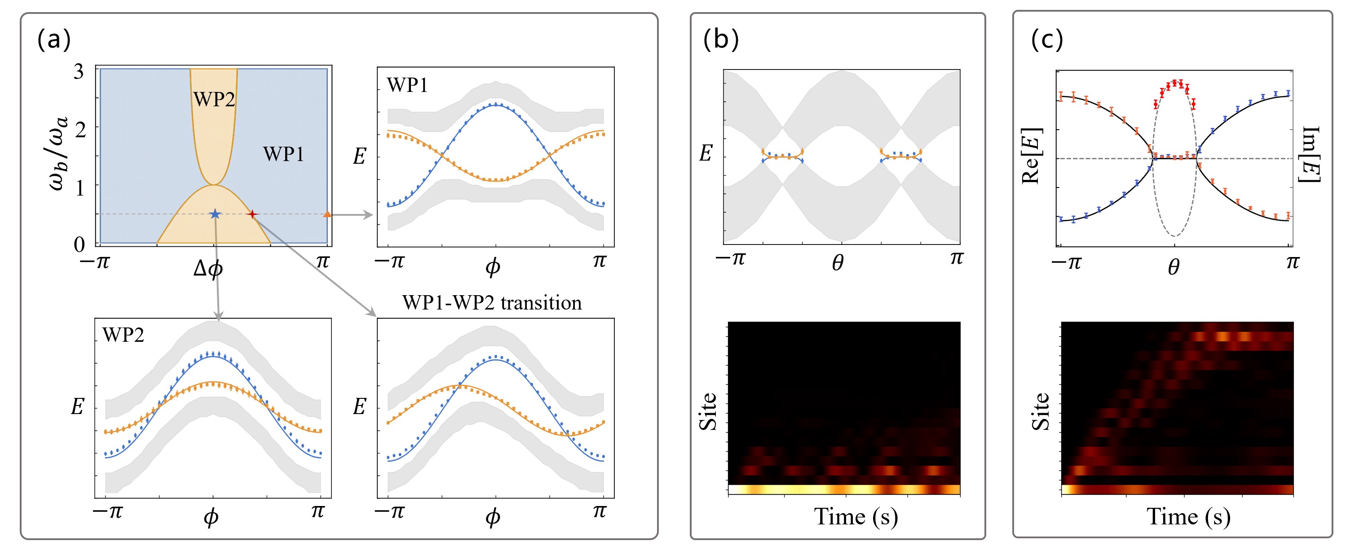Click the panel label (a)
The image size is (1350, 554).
pyautogui.click(x=53, y=39)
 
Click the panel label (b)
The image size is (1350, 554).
pyautogui.click(x=721, y=39)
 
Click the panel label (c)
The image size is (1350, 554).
pyautogui.click(x=1046, y=39)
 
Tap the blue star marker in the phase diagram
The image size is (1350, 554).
pyautogui.click(x=215, y=214)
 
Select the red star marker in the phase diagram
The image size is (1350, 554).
pyautogui.click(x=252, y=214)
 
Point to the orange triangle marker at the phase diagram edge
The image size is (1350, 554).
pyautogui.click(x=327, y=214)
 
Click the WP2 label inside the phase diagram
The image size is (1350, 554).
pyautogui.click(x=214, y=99)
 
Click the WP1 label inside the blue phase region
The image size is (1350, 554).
pyautogui.click(x=283, y=154)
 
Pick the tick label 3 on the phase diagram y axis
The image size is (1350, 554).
pyautogui.click(x=79, y=71)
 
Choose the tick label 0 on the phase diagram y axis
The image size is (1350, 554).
pyautogui.click(x=79, y=244)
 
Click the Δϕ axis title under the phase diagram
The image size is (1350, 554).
pyautogui.click(x=208, y=269)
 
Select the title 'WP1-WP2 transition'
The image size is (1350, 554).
pyautogui.click(x=492, y=303)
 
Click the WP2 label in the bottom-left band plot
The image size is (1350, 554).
pyautogui.click(x=123, y=335)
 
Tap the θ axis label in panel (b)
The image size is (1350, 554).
pyautogui.click(x=838, y=263)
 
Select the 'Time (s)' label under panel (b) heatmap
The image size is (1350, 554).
pyautogui.click(x=856, y=517)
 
